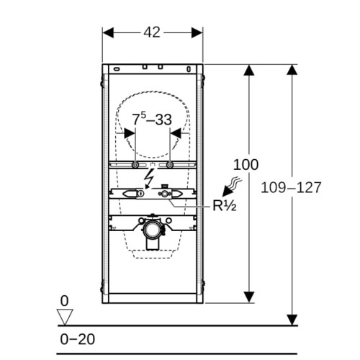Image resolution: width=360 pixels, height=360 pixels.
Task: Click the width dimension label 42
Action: click(152, 32)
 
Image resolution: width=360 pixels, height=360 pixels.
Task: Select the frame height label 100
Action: click(246, 165)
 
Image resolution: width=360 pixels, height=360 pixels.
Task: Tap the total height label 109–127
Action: click(291, 187)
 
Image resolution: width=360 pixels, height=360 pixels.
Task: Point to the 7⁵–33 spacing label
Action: click(152, 119)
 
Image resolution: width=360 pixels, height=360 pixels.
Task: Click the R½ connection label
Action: click(225, 205)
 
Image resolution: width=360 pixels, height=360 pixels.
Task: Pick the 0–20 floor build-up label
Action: click(77, 339)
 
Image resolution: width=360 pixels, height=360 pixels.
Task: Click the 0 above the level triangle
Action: click(64, 301)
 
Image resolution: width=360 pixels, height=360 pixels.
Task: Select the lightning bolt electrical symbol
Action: click(149, 178)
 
